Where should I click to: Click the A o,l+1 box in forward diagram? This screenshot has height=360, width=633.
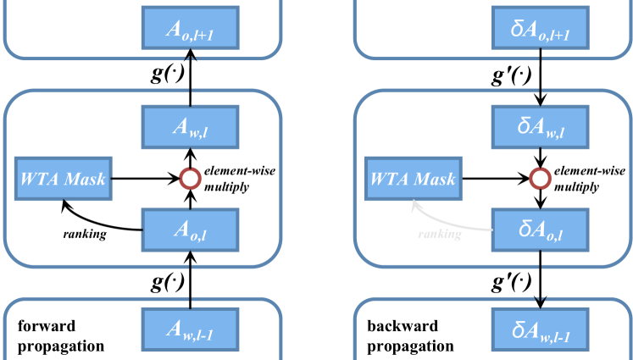point(190,28)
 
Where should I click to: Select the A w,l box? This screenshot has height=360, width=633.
point(190,127)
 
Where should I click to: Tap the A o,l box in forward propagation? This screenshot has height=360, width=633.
point(190,230)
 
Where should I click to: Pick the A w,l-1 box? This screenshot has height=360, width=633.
point(190,330)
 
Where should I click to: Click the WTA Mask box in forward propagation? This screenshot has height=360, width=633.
point(64,179)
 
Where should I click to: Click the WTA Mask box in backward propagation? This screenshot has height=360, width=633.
point(414,179)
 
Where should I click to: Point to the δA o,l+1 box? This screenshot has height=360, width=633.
point(540,28)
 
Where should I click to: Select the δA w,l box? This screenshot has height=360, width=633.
point(540,127)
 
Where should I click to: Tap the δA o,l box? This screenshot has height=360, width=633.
point(540,230)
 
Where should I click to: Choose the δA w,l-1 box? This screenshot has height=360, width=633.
point(540,330)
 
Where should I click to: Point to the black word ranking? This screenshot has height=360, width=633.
point(85,234)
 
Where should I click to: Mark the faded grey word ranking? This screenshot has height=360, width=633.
point(440,234)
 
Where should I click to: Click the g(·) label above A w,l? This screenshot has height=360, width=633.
point(168,74)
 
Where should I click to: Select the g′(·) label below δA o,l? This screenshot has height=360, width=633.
point(511,282)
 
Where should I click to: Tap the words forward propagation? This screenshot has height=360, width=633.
point(61,335)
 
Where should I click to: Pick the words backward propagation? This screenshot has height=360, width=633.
point(411,335)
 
